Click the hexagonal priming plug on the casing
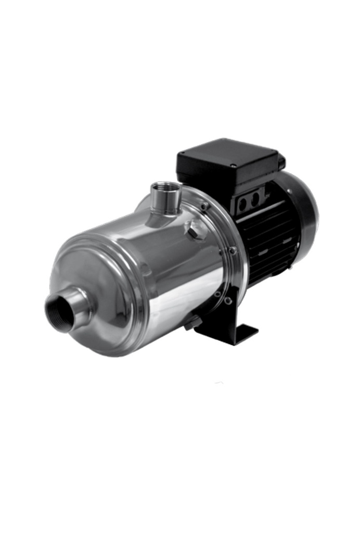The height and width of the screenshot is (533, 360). [x=195, y=230]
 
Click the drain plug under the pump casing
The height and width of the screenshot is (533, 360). [x=192, y=322]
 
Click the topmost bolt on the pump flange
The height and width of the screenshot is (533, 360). [x=205, y=206]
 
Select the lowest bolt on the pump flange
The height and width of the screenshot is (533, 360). [x=228, y=300]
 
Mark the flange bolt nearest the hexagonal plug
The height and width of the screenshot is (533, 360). [x=205, y=206]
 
